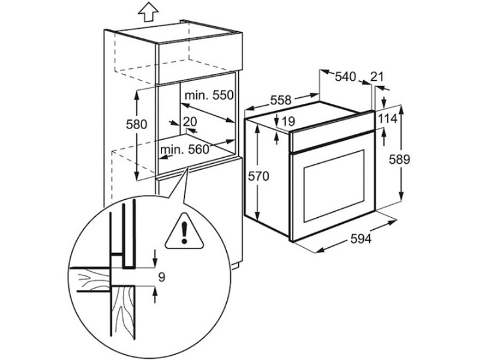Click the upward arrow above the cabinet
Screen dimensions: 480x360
[x=148, y=12]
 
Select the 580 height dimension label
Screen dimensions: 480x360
[x=137, y=125]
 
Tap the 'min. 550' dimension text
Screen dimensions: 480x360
[x=209, y=95]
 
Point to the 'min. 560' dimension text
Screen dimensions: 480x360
[x=184, y=149]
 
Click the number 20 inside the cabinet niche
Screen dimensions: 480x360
[x=190, y=122]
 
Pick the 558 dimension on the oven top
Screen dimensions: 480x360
[x=281, y=100]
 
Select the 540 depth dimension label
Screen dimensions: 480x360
[x=346, y=77]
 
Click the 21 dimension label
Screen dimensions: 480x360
[x=377, y=77]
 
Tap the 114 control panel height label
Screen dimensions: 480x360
[x=387, y=118]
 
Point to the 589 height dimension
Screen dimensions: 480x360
[x=399, y=160]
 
